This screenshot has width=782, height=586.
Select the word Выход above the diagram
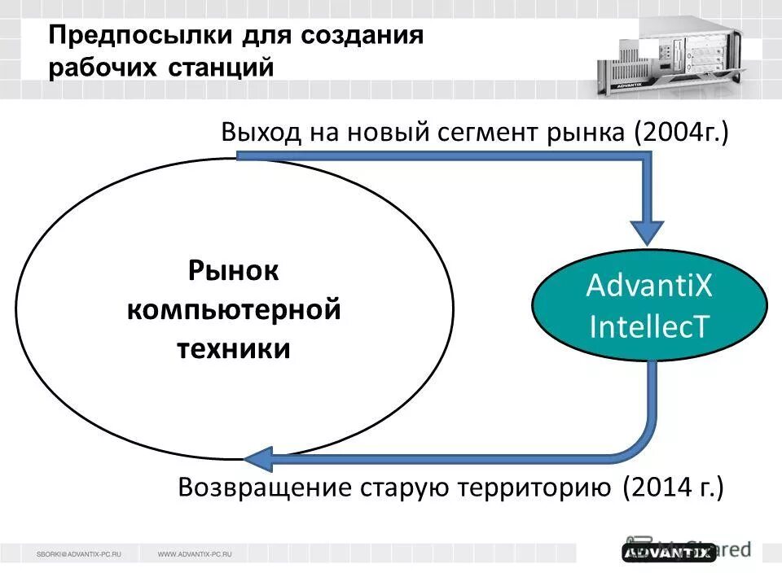[x=261, y=133]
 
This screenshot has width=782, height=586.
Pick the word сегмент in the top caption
[x=477, y=133]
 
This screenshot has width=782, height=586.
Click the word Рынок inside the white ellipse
[x=234, y=271]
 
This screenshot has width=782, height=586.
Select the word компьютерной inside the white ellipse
[x=234, y=310]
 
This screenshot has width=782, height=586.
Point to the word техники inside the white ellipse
[x=234, y=348]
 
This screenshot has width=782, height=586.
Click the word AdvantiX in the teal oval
[x=649, y=286]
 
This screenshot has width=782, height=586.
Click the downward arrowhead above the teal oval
[x=649, y=233]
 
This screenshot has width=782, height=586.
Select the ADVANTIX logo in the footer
[x=669, y=553]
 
